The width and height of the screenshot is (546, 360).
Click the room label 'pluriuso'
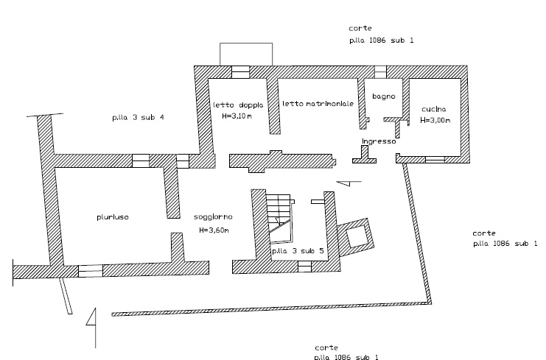pyautogui.click(x=112, y=217)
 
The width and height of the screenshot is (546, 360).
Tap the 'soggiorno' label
pyautogui.click(x=214, y=218)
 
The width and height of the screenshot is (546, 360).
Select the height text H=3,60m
pyautogui.click(x=214, y=230)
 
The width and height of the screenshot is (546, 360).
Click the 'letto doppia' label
pyautogui.click(x=232, y=105)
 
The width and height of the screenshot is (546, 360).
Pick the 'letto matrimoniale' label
pyautogui.click(x=318, y=105)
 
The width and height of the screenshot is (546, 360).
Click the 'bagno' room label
pyautogui.click(x=384, y=96)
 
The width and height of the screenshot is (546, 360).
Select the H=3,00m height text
pyautogui.click(x=435, y=119)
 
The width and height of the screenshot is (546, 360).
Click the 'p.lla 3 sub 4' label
pyautogui.click(x=138, y=118)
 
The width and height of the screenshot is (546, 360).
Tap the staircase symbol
pyautogui.click(x=280, y=217)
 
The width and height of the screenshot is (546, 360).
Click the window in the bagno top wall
pyautogui.click(x=380, y=71)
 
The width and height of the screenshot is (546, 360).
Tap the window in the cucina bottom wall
pyautogui.click(x=435, y=158)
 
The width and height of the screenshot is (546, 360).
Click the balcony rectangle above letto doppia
pyautogui.click(x=245, y=54)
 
